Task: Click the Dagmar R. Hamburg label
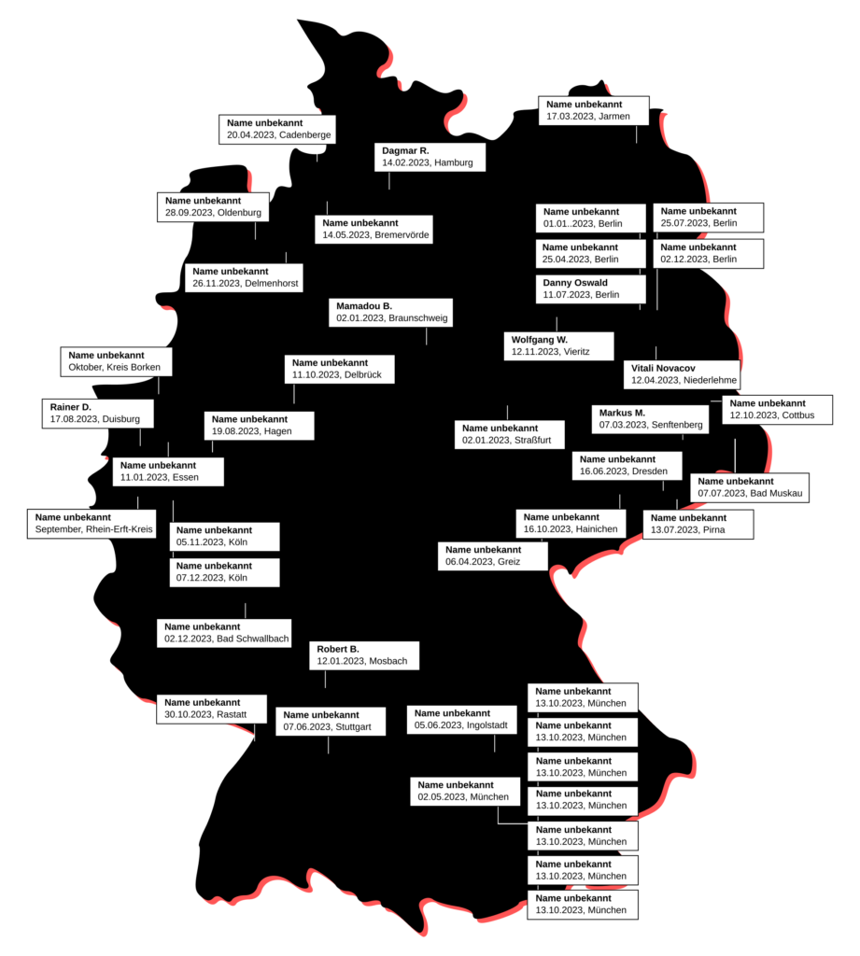tap(430, 157)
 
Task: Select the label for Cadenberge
tap(277, 129)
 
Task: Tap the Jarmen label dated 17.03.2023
tap(594, 110)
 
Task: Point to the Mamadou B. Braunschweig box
tap(391, 312)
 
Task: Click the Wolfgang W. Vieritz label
tap(558, 345)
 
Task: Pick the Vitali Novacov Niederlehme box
tap(682, 374)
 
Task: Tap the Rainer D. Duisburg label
tap(98, 414)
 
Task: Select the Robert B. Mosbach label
tap(364, 655)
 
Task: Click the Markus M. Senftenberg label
tap(650, 419)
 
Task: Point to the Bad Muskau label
tap(750, 487)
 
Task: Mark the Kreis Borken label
tap(116, 361)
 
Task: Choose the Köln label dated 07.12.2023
tap(224, 572)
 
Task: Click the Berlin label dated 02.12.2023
tap(708, 253)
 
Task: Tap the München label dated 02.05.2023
tap(465, 792)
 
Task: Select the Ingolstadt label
tap(461, 720)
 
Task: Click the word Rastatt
tap(232, 714)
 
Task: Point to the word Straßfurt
tap(532, 441)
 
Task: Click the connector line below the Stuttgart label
tap(328, 744)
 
